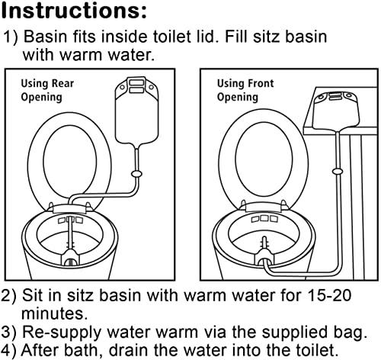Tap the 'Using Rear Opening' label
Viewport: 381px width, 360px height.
coord(43,90)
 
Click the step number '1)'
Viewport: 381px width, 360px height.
coord(14,37)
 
